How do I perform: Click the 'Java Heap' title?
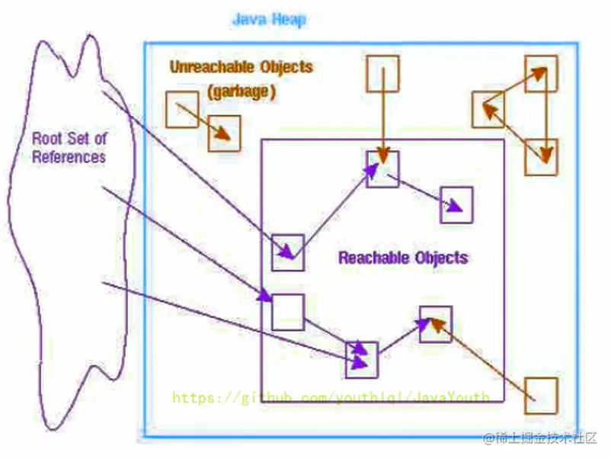click(x=268, y=19)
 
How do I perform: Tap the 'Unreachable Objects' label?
click(x=241, y=66)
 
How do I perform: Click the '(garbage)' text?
click(x=242, y=91)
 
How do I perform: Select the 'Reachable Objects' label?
click(x=403, y=257)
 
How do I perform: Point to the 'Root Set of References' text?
click(x=69, y=148)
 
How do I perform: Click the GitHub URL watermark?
click(x=330, y=397)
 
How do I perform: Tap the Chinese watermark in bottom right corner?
click(x=542, y=438)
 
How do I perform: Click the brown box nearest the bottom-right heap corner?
click(x=542, y=395)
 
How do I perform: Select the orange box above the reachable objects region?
click(x=382, y=74)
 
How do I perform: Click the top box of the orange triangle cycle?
click(x=541, y=73)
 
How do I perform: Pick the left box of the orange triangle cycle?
click(x=488, y=109)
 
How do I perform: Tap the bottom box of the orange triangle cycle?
click(x=541, y=157)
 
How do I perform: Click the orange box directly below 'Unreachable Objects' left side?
click(x=182, y=110)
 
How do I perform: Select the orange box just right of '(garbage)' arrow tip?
click(x=224, y=133)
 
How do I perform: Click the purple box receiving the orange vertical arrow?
click(x=382, y=169)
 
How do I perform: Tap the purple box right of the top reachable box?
click(x=456, y=204)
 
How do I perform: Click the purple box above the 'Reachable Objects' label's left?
click(x=288, y=252)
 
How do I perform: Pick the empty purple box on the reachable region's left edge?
click(x=288, y=312)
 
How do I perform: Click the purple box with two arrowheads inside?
click(x=362, y=358)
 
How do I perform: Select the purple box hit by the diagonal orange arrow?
click(x=435, y=324)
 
